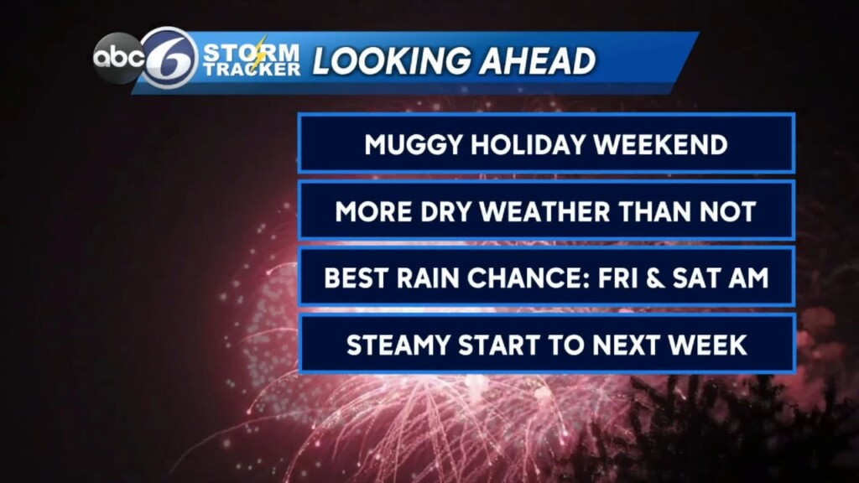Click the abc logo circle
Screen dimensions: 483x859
[117, 59]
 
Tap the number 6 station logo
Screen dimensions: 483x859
[169, 59]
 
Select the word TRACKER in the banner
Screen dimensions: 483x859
[252, 70]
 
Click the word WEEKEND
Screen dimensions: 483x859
[660, 144]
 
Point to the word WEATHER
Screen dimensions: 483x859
[565, 211]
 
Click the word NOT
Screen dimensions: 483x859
[726, 211]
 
